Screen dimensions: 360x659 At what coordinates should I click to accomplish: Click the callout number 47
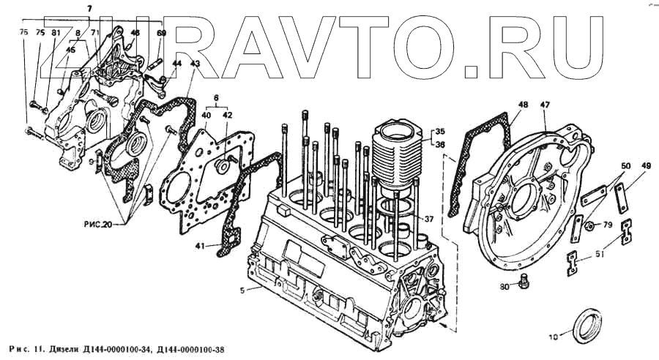(x=545, y=105)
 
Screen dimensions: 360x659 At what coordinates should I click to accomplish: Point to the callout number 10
(x=553, y=337)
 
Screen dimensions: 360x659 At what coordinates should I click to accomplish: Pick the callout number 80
(x=505, y=287)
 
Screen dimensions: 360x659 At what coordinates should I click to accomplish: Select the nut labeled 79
(x=589, y=224)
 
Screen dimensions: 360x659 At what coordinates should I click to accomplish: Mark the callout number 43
(x=194, y=64)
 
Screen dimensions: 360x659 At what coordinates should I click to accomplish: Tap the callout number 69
(x=162, y=33)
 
